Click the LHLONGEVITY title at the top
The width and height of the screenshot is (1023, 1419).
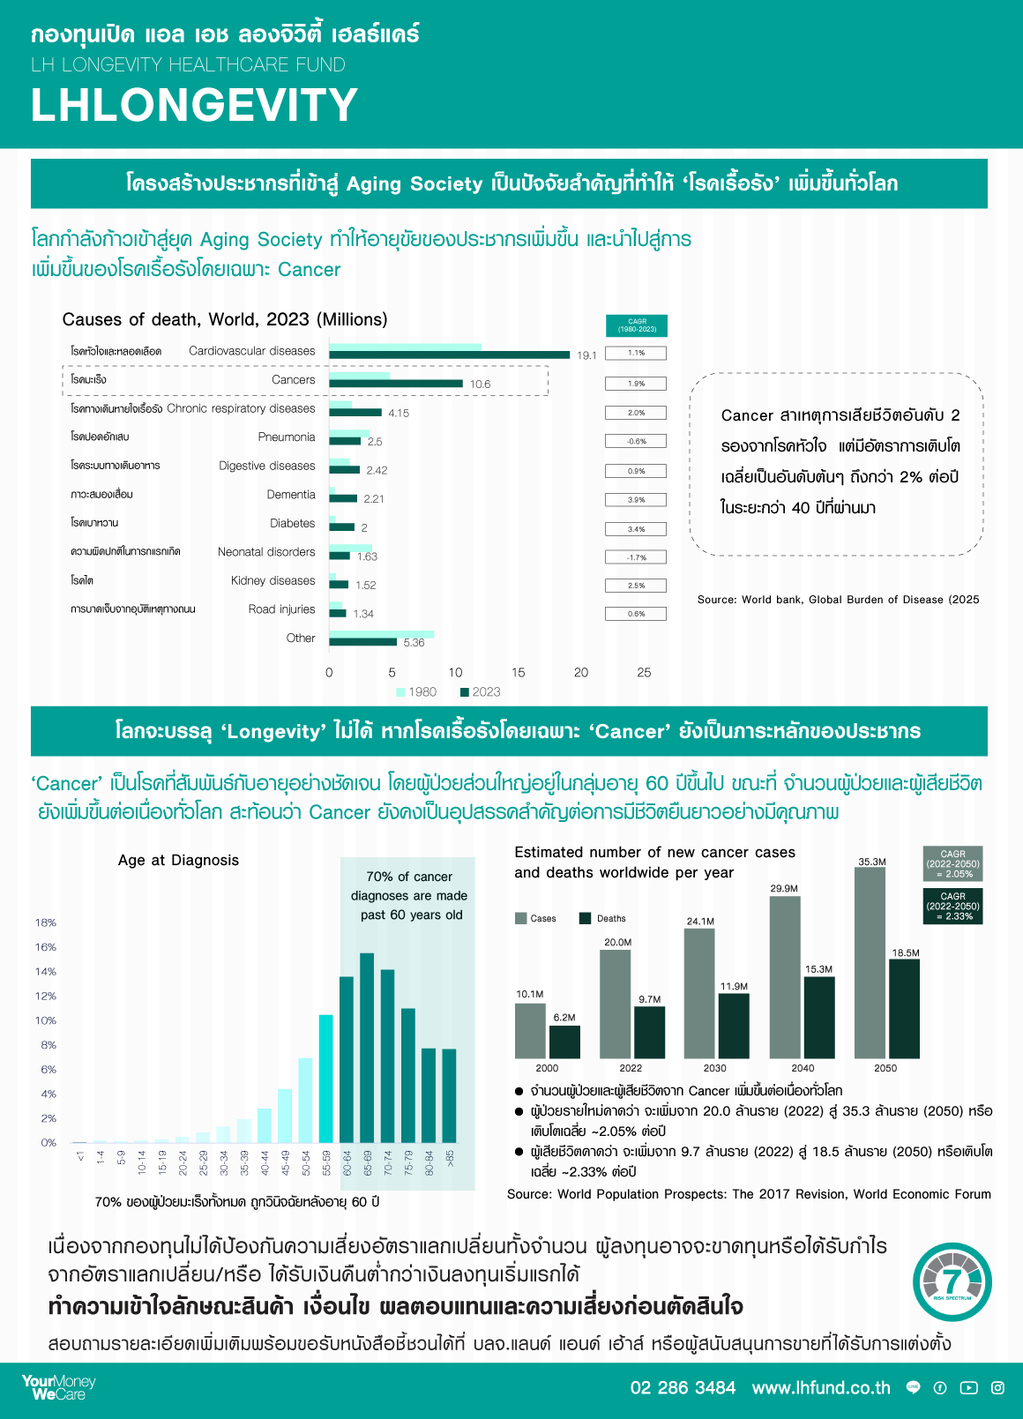click(x=194, y=105)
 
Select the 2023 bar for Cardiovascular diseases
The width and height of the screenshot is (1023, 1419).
click(x=450, y=355)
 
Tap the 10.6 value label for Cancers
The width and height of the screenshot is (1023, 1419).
click(x=480, y=384)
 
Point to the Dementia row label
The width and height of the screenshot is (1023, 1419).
click(x=291, y=495)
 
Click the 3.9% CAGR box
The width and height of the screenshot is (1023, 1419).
click(x=636, y=500)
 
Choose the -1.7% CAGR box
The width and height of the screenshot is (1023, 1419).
click(x=636, y=557)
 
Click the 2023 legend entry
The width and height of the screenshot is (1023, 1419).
click(x=480, y=692)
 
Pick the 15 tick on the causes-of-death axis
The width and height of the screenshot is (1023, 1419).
click(x=518, y=672)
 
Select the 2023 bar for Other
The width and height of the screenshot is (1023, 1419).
click(x=362, y=642)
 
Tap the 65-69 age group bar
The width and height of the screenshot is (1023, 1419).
click(x=367, y=1048)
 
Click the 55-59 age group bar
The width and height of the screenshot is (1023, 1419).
click(x=326, y=1079)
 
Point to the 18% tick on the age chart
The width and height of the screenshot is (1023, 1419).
click(x=46, y=922)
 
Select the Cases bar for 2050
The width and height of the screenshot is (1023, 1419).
click(x=870, y=962)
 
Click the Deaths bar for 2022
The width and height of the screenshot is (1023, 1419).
click(x=650, y=1032)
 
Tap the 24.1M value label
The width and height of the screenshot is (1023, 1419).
click(x=700, y=922)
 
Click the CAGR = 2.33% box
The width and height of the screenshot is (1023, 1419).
click(x=952, y=906)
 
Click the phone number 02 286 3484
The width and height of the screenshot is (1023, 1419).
click(x=683, y=1388)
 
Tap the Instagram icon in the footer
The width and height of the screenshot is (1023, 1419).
click(x=997, y=1388)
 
